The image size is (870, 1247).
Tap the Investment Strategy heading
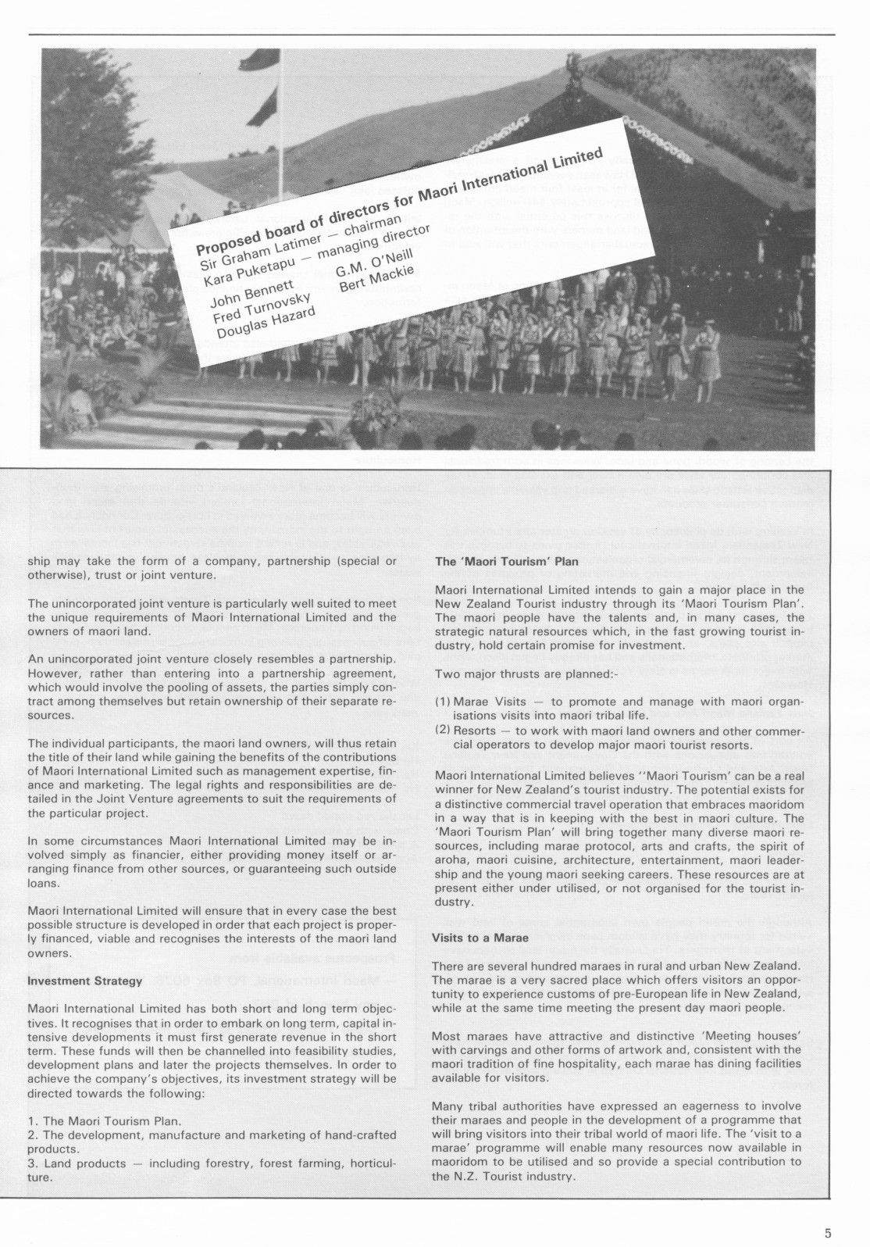point(84,981)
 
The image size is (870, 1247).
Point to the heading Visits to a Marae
point(480,938)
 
